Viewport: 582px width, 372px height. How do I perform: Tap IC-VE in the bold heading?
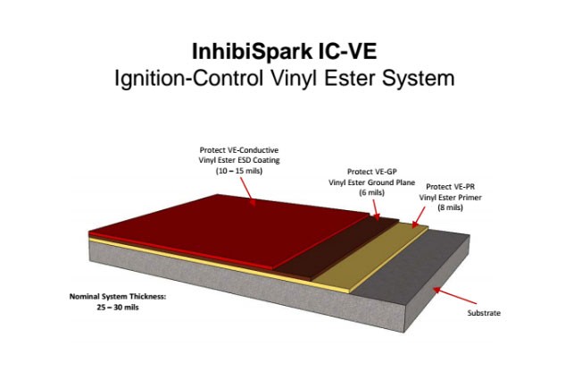click(347, 51)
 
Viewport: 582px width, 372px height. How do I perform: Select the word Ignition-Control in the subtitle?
click(189, 78)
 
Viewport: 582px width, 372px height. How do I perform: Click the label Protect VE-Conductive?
click(239, 150)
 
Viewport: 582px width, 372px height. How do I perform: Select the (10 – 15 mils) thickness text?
click(239, 171)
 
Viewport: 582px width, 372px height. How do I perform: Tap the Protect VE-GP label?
click(371, 172)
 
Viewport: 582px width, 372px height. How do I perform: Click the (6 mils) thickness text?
click(371, 192)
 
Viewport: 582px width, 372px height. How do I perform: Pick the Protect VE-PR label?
click(450, 186)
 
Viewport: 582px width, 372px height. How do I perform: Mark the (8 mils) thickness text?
click(450, 207)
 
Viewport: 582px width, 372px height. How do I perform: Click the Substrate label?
click(484, 313)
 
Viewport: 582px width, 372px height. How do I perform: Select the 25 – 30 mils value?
click(118, 308)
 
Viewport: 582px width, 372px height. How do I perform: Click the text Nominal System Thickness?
click(118, 297)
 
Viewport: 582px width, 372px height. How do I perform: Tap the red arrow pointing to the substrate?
click(454, 295)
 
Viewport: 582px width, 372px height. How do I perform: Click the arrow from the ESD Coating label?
click(248, 191)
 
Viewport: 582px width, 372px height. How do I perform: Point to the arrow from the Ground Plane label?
click(376, 209)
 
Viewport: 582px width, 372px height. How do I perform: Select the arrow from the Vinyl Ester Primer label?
click(419, 217)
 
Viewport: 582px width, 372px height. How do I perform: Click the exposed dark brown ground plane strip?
click(338, 249)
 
